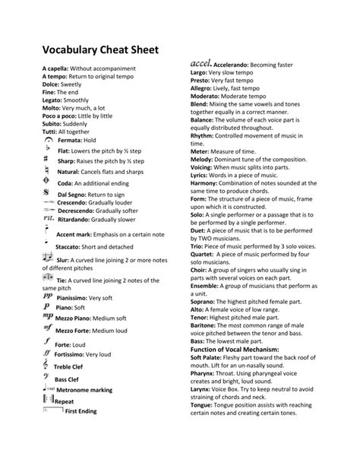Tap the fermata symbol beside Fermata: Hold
pos(49,140)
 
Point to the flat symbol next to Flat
pos(48,151)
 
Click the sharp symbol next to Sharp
pos(48,161)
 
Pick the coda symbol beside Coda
pos(48,183)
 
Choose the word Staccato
pos(71,247)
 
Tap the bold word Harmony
pos(204,182)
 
